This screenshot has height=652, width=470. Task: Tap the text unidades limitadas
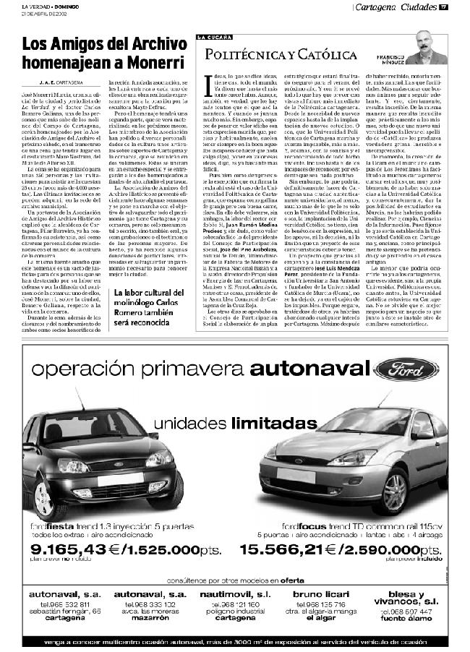coord(217,421)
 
